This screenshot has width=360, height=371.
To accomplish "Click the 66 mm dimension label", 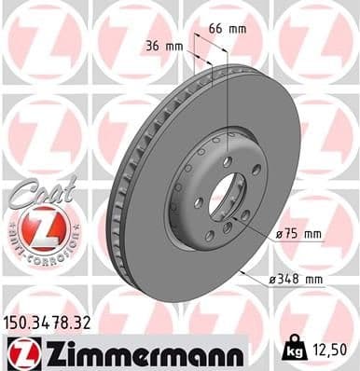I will click(228, 29).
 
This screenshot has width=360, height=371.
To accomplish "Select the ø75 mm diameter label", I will click(298, 233).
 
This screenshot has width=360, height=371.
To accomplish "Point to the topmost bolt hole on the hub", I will click(227, 161).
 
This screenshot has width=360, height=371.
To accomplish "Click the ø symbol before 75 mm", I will click(278, 233).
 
